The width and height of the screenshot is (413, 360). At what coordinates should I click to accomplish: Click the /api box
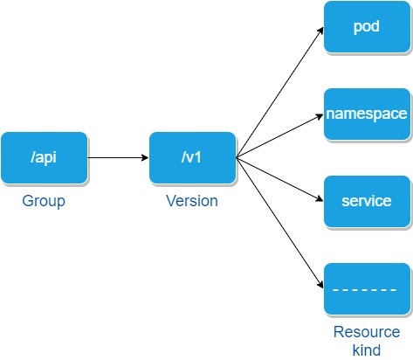[45, 158]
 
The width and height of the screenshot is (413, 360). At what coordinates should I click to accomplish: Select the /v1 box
[192, 158]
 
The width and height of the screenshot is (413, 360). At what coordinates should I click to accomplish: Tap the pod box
[366, 26]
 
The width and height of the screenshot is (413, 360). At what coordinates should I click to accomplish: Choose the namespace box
[366, 114]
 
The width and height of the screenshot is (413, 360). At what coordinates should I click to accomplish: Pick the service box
[366, 201]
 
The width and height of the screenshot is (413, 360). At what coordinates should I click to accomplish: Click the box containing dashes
[366, 288]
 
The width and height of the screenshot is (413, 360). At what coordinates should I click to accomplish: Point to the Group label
[45, 201]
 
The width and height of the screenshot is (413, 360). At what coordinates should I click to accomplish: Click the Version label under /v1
[192, 201]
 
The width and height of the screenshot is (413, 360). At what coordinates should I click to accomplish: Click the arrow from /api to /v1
[118, 158]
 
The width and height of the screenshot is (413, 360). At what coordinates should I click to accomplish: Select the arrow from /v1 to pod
[279, 92]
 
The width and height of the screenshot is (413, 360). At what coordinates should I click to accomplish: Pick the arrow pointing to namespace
[279, 136]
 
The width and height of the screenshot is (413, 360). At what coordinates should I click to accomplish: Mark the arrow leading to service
[279, 180]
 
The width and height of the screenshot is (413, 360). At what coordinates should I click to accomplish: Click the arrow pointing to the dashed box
[279, 224]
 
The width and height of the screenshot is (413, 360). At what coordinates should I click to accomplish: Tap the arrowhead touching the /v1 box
[144, 158]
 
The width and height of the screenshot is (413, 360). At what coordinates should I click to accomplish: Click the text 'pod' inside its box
[366, 26]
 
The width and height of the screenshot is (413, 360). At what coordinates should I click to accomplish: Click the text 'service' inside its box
[366, 201]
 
